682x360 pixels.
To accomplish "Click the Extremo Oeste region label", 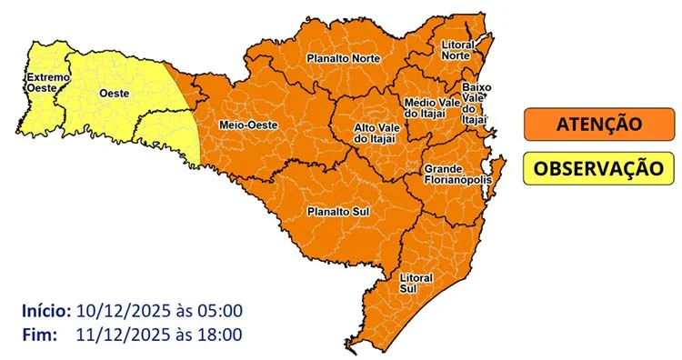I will pyautogui.click(x=47, y=83).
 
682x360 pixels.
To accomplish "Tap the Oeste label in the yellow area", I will pyautogui.click(x=113, y=94).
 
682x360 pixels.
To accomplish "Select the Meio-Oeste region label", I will pyautogui.click(x=243, y=124).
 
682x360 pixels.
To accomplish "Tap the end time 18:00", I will pyautogui.click(x=220, y=335).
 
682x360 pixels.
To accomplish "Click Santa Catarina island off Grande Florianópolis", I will pyautogui.click(x=498, y=171).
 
